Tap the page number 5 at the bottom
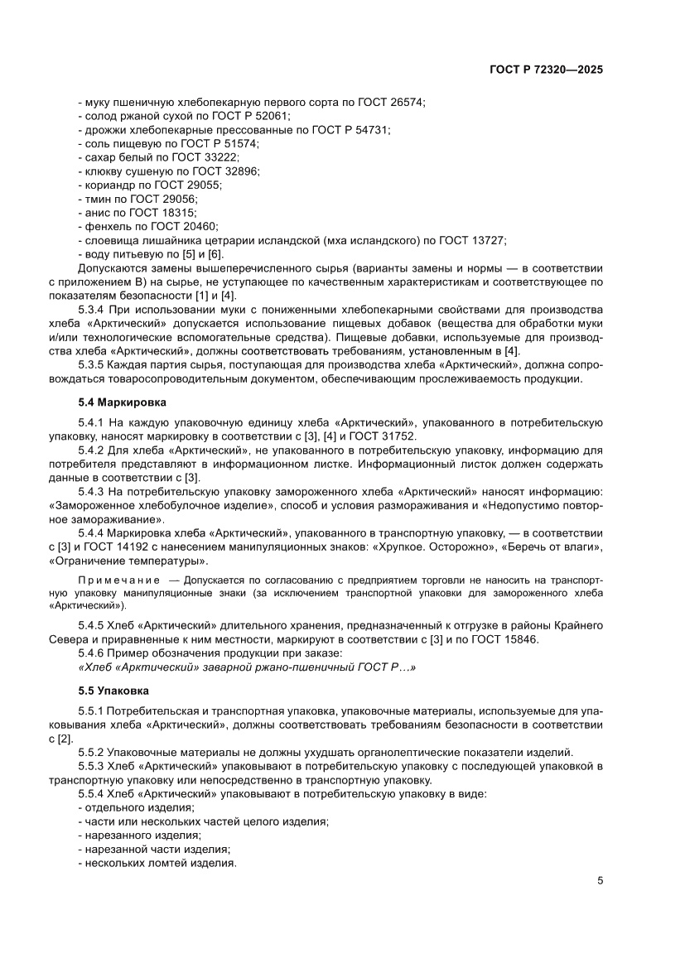600,881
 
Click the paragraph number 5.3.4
92,307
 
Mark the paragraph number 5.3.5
92,365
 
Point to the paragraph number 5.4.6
92,652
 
